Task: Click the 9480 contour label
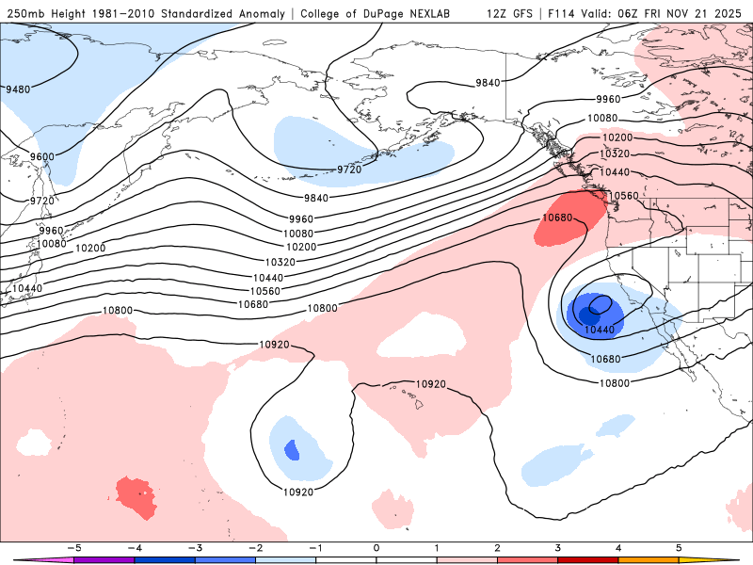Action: point(18,89)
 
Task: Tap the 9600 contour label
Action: point(42,156)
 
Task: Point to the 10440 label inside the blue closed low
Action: point(600,330)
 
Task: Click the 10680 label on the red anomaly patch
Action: point(557,218)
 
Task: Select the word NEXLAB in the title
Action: point(440,14)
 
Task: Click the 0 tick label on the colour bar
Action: point(376,547)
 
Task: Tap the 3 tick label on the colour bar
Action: point(558,547)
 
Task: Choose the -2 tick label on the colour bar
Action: point(254,547)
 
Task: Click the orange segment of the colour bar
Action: point(649,559)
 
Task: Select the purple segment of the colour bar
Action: point(103,559)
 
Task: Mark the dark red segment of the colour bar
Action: point(588,559)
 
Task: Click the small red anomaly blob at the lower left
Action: point(136,496)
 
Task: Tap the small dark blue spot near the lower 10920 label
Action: point(292,450)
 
